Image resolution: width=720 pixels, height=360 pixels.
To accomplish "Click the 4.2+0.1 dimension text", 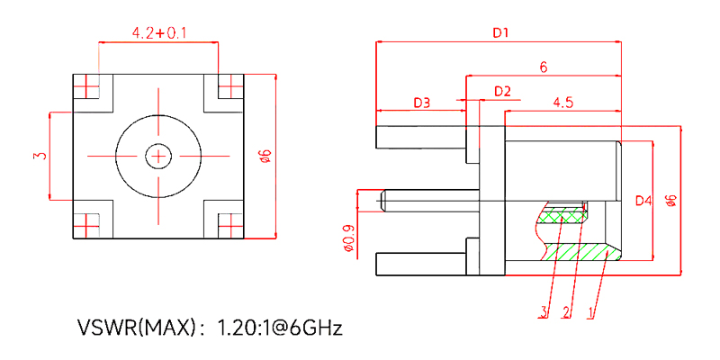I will tap(158, 33).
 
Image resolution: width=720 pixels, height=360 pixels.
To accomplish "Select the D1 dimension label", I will tap(500, 33).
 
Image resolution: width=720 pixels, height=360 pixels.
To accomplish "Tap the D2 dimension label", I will tap(502, 92).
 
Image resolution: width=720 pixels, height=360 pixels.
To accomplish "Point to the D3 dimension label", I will tap(421, 103).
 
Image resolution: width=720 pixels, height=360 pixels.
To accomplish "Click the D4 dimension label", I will tap(643, 201).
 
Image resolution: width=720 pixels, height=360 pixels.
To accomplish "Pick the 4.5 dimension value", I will tap(563, 103).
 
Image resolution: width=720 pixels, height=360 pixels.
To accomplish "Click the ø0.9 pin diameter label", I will tap(348, 238).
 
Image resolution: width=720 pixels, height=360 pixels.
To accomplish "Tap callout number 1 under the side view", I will tap(590, 312).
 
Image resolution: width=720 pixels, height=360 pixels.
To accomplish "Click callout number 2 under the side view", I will tap(566, 312).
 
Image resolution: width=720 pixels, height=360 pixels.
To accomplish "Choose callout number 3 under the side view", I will tap(544, 312).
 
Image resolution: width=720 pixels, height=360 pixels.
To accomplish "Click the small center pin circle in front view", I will tap(159, 157).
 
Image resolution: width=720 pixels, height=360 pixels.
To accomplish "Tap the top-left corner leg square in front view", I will tap(87, 87).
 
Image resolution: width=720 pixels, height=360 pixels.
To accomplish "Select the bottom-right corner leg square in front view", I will tap(230, 224).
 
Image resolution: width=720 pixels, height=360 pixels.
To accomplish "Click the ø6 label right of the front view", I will tap(264, 156).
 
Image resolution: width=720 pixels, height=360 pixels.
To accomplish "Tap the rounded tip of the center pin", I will tap(385, 199).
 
